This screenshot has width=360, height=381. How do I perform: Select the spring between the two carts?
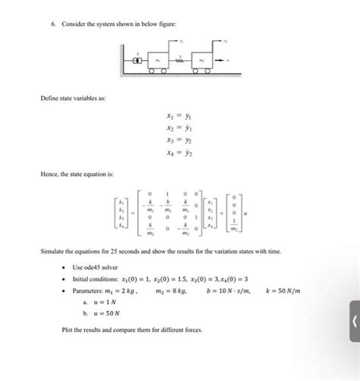(x=180, y=59)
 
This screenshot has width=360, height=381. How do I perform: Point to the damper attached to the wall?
(x=137, y=59)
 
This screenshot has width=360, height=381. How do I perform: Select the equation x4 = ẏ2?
(x=177, y=154)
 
